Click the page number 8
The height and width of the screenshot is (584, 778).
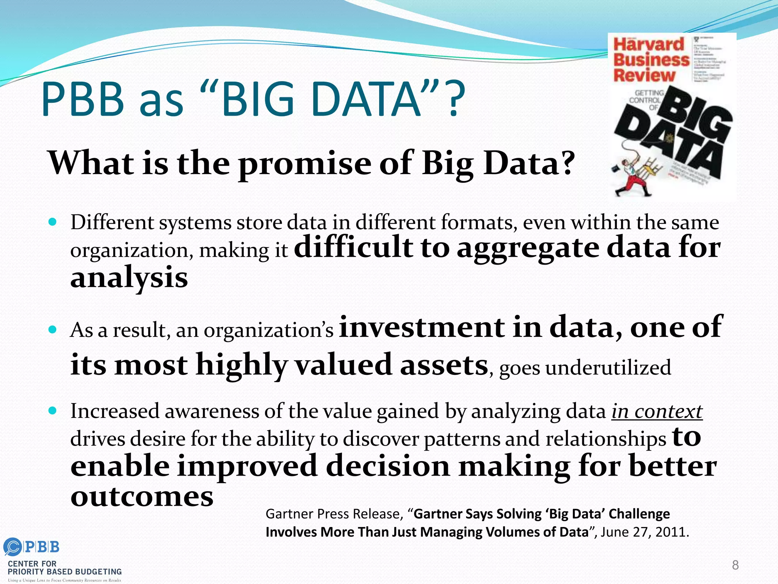pyautogui.click(x=735, y=565)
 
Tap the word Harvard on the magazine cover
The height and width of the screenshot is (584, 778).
pyautogui.click(x=648, y=44)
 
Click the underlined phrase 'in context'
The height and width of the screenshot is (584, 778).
pyautogui.click(x=657, y=411)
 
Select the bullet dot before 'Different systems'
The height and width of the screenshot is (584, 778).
pyautogui.click(x=53, y=222)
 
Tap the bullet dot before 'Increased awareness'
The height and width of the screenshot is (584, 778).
pyautogui.click(x=53, y=411)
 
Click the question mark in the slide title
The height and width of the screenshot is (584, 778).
pyautogui.click(x=455, y=100)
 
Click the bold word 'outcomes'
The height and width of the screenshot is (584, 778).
pyautogui.click(x=142, y=497)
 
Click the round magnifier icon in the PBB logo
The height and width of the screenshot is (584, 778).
pyautogui.click(x=13, y=547)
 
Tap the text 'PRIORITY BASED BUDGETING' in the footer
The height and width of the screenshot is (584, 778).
pyautogui.click(x=65, y=571)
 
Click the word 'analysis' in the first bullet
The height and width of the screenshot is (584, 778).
pyautogui.click(x=129, y=278)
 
